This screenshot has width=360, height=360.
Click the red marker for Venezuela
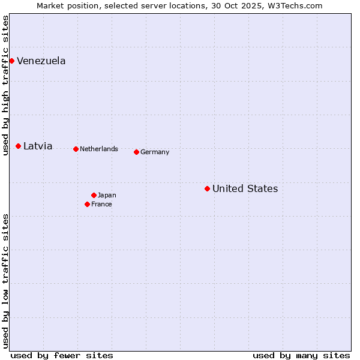pyautogui.click(x=11, y=61)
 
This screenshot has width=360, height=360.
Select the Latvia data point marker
pyautogui.click(x=19, y=146)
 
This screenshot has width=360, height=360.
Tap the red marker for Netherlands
pyautogui.click(x=76, y=149)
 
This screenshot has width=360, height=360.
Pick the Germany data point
pyautogui.click(x=136, y=152)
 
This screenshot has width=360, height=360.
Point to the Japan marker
pyautogui.click(x=94, y=195)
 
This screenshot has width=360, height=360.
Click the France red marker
pyautogui.click(x=87, y=204)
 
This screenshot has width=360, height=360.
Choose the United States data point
pyautogui.click(x=207, y=188)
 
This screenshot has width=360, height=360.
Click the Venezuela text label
pyautogui.click(x=41, y=61)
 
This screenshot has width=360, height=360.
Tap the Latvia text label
pyautogui.click(x=38, y=146)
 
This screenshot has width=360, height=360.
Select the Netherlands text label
pyautogui.click(x=99, y=149)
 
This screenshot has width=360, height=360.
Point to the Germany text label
pyautogui.click(x=155, y=152)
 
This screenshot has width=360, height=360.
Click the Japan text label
pyautogui.click(x=107, y=195)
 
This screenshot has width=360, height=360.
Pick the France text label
pyautogui.click(x=101, y=204)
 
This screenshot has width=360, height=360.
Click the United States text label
pyautogui.click(x=245, y=188)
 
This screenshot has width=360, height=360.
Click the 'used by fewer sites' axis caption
pyautogui.click(x=62, y=355)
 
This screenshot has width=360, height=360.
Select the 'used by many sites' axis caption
pyautogui.click(x=301, y=355)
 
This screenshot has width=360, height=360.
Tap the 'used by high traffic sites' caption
pyautogui.click(x=5, y=85)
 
